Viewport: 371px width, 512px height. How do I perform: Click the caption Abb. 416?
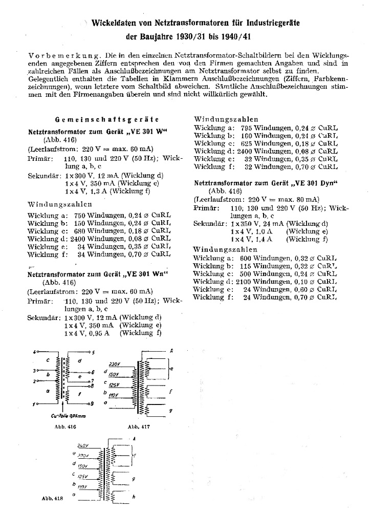[54, 425]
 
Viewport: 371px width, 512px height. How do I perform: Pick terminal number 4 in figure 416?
[34, 352]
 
